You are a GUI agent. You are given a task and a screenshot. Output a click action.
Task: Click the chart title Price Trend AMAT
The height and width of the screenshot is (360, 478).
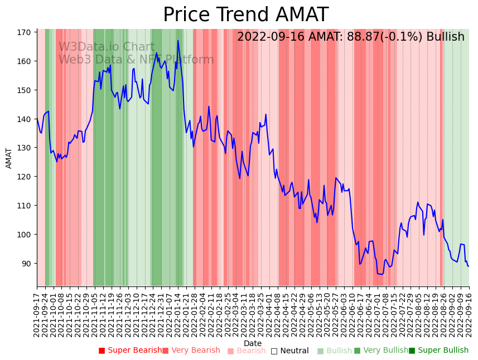245,15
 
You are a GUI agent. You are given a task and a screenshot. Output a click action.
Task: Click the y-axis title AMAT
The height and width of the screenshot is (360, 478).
9,158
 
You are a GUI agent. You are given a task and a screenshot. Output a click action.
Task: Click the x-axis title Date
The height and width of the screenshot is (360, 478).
253,343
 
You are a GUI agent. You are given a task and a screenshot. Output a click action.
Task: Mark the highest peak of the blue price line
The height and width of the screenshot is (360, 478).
178,40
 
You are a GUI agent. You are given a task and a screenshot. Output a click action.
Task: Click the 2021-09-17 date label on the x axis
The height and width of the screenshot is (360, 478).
37,315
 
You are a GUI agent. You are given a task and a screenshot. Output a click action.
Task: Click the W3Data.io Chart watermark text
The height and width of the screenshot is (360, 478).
107,47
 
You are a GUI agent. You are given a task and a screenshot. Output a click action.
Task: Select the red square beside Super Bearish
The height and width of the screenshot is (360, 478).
102,351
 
